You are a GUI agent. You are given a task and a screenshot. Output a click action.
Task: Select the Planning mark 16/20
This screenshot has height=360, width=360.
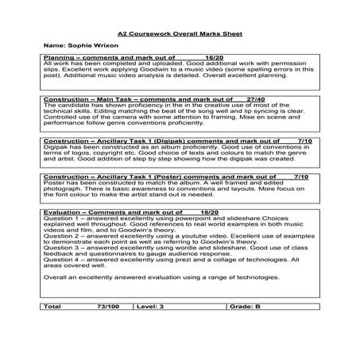(x=213, y=58)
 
